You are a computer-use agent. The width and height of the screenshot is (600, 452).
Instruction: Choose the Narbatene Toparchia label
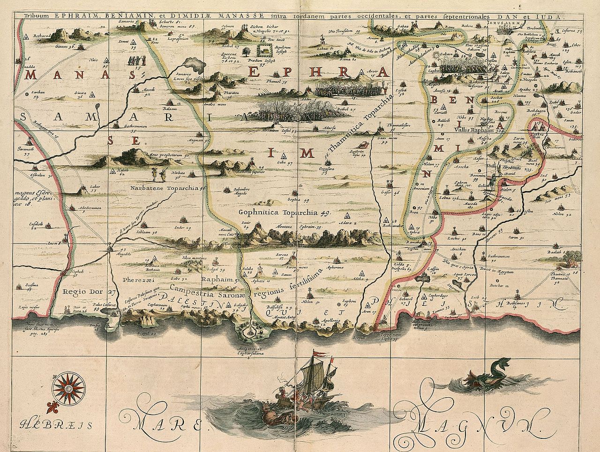(x=163, y=188)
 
